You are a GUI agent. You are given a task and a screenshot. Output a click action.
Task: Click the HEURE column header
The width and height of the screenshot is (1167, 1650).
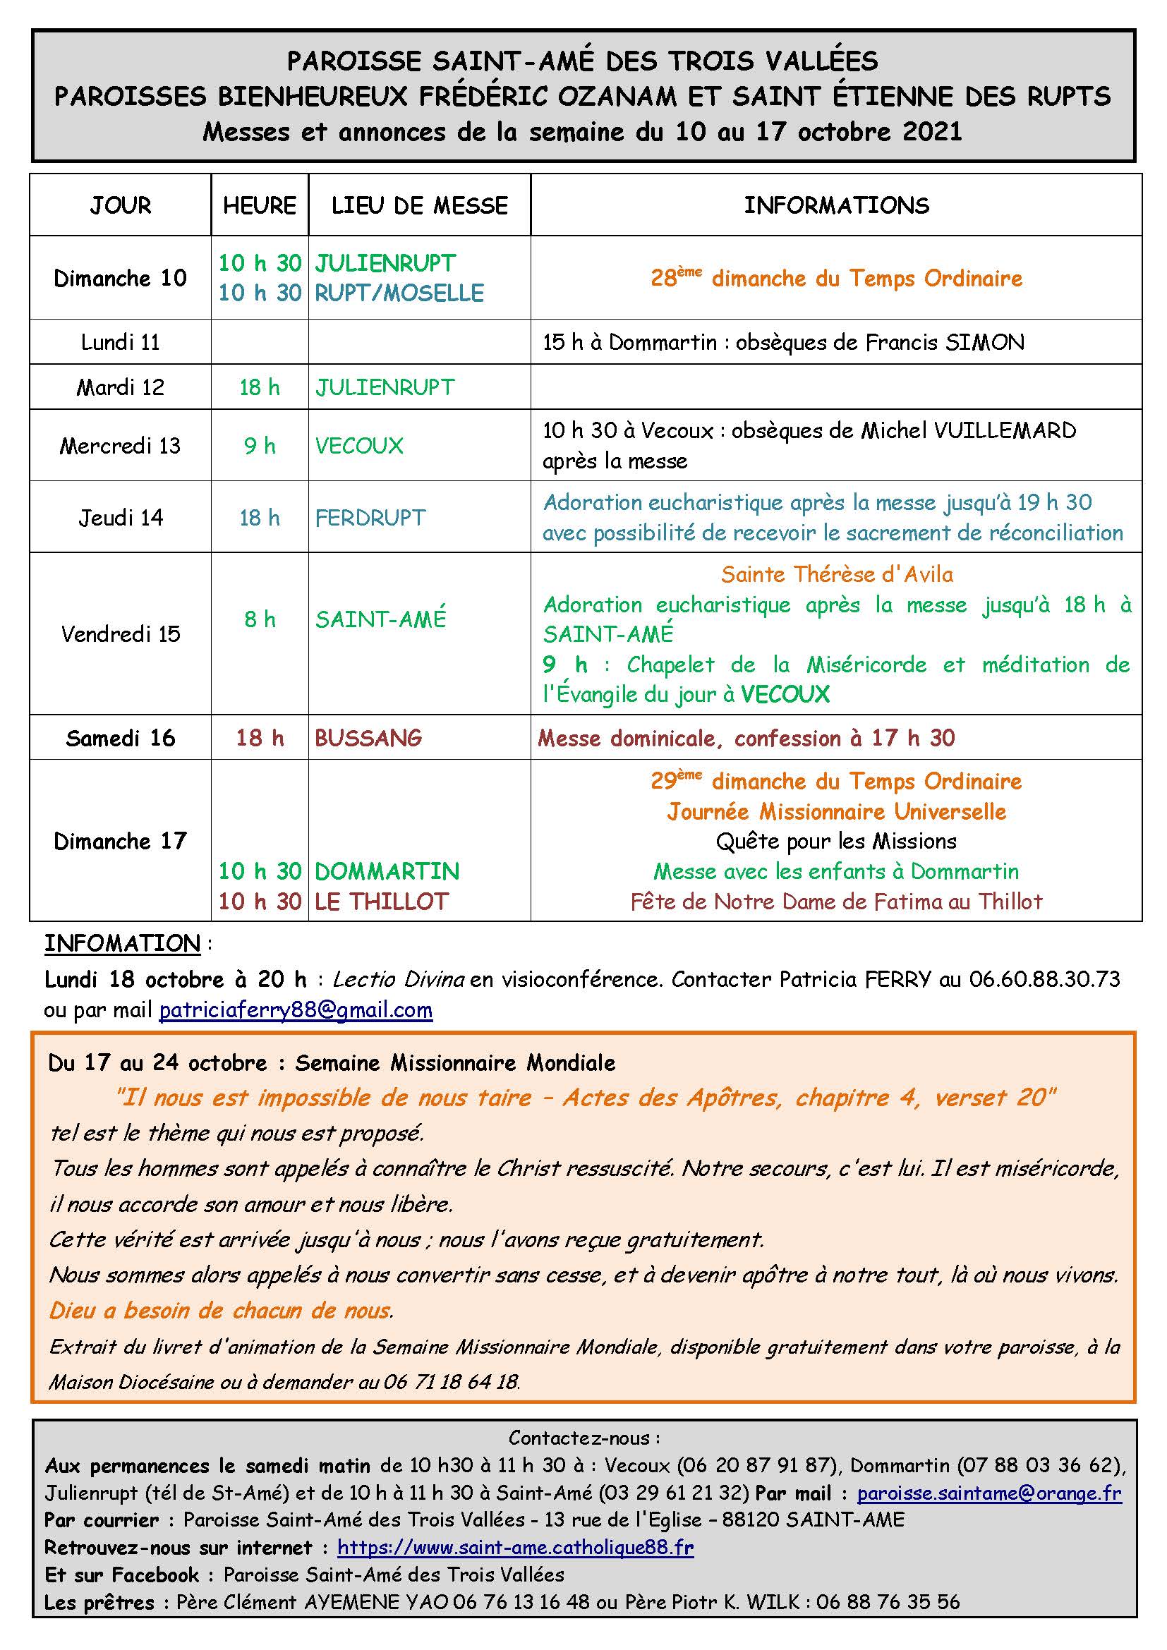pyautogui.click(x=260, y=205)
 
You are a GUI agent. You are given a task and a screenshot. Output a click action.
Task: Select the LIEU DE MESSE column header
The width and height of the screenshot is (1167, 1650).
pyautogui.click(x=419, y=205)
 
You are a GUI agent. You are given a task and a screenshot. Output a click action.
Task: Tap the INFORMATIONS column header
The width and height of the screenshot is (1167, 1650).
pyautogui.click(x=835, y=205)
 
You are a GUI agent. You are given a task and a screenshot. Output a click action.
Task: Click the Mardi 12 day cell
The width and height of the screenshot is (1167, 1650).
pyautogui.click(x=120, y=387)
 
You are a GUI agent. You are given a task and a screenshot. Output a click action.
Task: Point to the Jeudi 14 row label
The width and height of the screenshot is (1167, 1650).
pyautogui.click(x=120, y=517)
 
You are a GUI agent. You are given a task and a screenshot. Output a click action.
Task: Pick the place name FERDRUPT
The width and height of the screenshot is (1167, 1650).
pyautogui.click(x=370, y=517)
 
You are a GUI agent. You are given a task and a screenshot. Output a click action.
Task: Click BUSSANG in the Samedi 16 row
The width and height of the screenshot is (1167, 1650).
pyautogui.click(x=368, y=737)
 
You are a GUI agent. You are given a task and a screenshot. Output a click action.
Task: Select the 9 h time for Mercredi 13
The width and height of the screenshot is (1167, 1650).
pyautogui.click(x=260, y=446)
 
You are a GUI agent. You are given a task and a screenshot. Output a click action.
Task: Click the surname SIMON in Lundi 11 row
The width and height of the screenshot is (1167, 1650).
pyautogui.click(x=984, y=342)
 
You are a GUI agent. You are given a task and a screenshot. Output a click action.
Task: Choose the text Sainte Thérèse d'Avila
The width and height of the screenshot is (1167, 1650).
pyautogui.click(x=837, y=574)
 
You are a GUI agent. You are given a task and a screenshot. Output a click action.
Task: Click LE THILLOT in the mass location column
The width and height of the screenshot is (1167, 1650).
pyautogui.click(x=382, y=901)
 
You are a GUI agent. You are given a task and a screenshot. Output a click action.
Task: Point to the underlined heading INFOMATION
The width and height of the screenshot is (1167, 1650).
pyautogui.click(x=122, y=943)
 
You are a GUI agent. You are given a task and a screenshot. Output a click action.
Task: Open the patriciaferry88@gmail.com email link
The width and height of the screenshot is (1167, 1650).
pyautogui.click(x=296, y=1010)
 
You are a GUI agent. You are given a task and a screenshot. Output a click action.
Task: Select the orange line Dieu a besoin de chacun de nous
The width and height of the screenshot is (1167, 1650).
pyautogui.click(x=221, y=1310)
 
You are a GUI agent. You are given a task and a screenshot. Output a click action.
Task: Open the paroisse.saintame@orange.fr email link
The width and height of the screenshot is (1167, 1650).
pyautogui.click(x=988, y=1493)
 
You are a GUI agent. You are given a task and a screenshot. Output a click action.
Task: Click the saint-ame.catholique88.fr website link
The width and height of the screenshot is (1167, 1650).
pyautogui.click(x=515, y=1547)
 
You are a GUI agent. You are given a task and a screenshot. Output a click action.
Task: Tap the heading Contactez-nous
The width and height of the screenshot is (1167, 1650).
pyautogui.click(x=583, y=1437)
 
